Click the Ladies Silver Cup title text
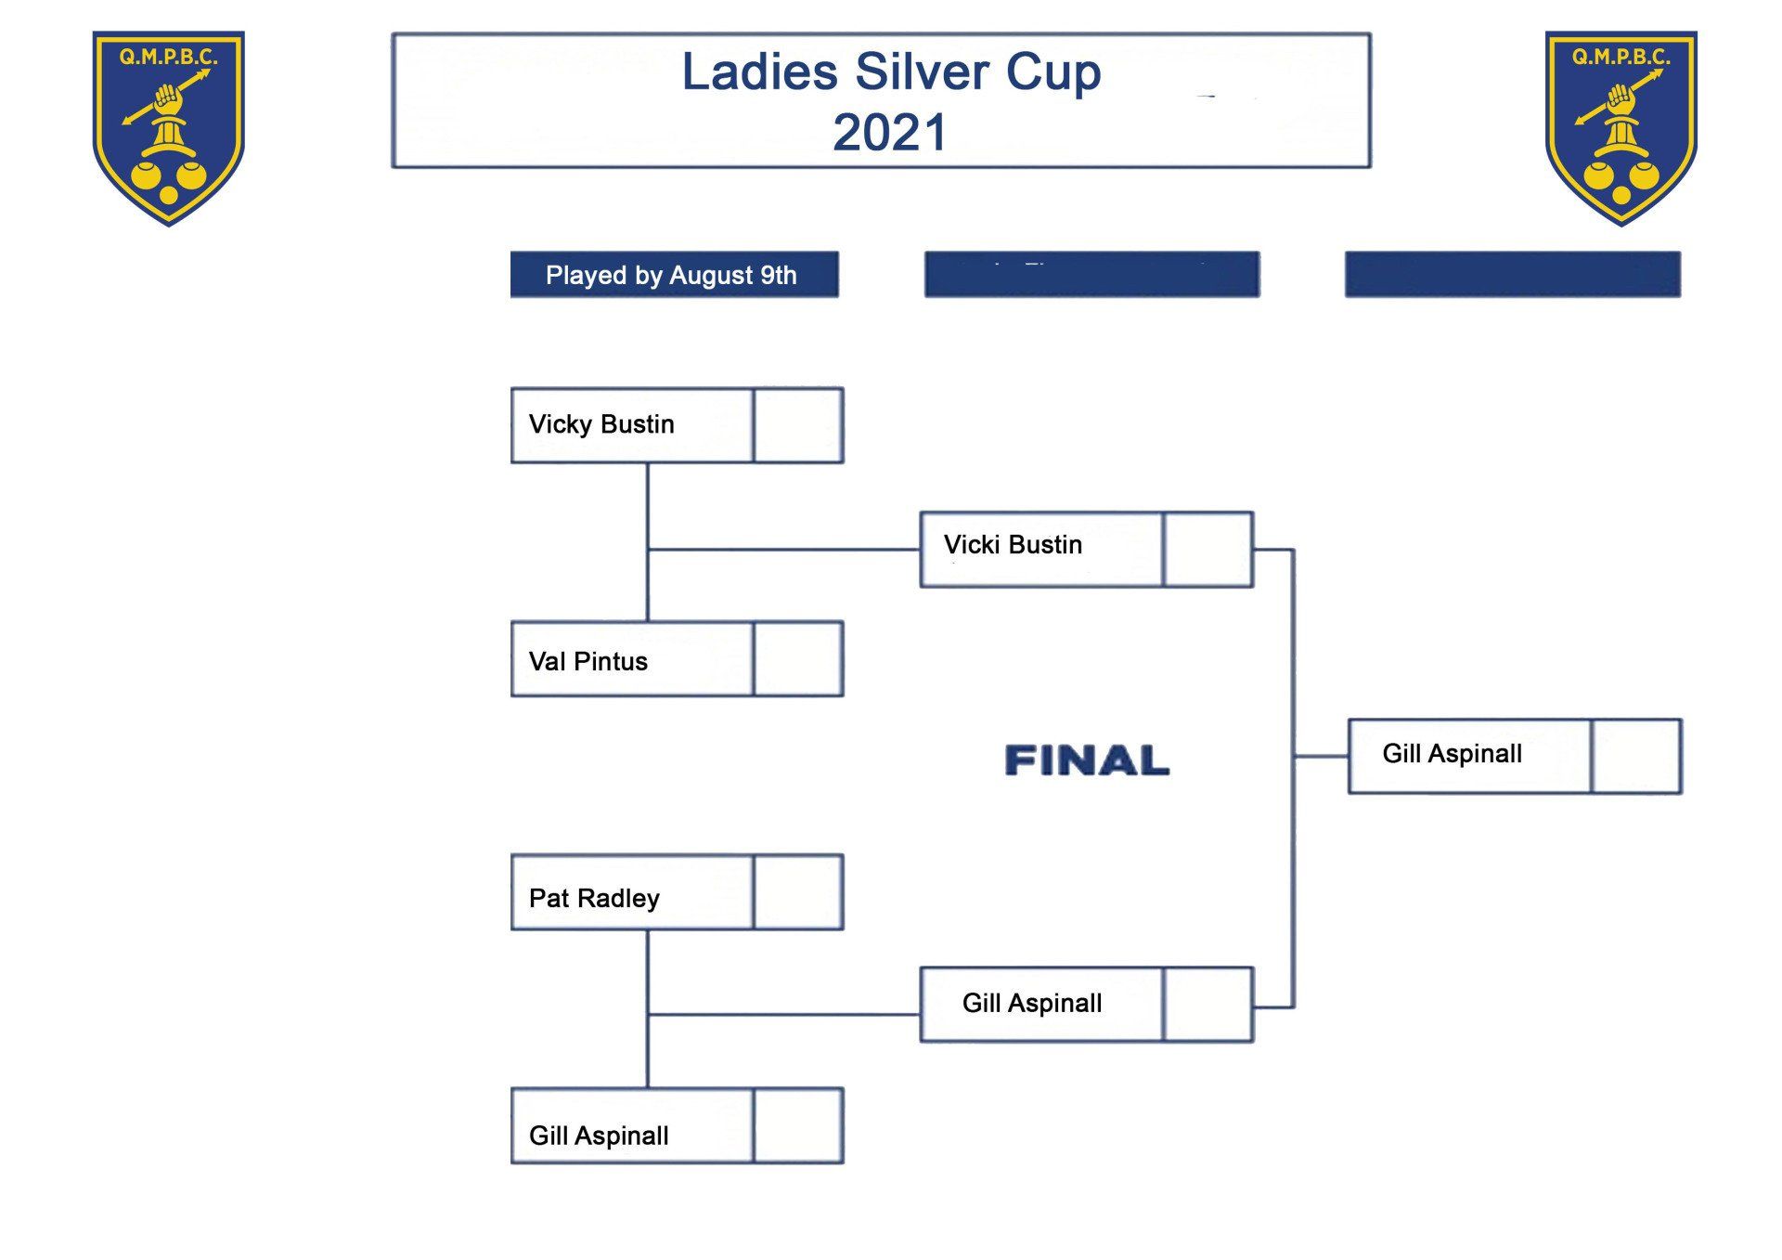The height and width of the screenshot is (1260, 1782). point(891,72)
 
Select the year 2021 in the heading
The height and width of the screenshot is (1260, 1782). point(889,132)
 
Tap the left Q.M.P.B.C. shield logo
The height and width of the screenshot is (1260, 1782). point(168,127)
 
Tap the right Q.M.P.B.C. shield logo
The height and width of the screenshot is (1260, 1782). point(1621,127)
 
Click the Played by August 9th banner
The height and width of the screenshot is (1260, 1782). point(674,275)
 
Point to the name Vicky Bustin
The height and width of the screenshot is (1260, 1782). point(601,424)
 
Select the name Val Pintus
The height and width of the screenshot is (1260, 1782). point(588,661)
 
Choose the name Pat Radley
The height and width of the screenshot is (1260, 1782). point(594,898)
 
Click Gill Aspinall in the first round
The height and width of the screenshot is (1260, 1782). point(599,1135)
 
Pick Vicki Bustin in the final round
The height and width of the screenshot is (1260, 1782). point(1013,545)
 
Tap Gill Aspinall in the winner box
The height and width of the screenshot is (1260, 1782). point(1452,753)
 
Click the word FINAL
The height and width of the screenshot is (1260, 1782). point(1087,760)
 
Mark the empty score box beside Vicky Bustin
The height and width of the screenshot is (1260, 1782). point(798,425)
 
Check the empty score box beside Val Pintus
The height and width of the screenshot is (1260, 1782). point(798,659)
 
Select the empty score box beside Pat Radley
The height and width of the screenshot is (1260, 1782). point(798,892)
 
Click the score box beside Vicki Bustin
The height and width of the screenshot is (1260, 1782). point(1207,550)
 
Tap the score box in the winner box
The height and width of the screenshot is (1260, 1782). point(1635,756)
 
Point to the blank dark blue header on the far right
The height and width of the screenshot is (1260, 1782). point(1512,275)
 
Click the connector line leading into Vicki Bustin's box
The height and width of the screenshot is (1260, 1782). point(784,550)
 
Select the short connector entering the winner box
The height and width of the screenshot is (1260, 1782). point(1321,756)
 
